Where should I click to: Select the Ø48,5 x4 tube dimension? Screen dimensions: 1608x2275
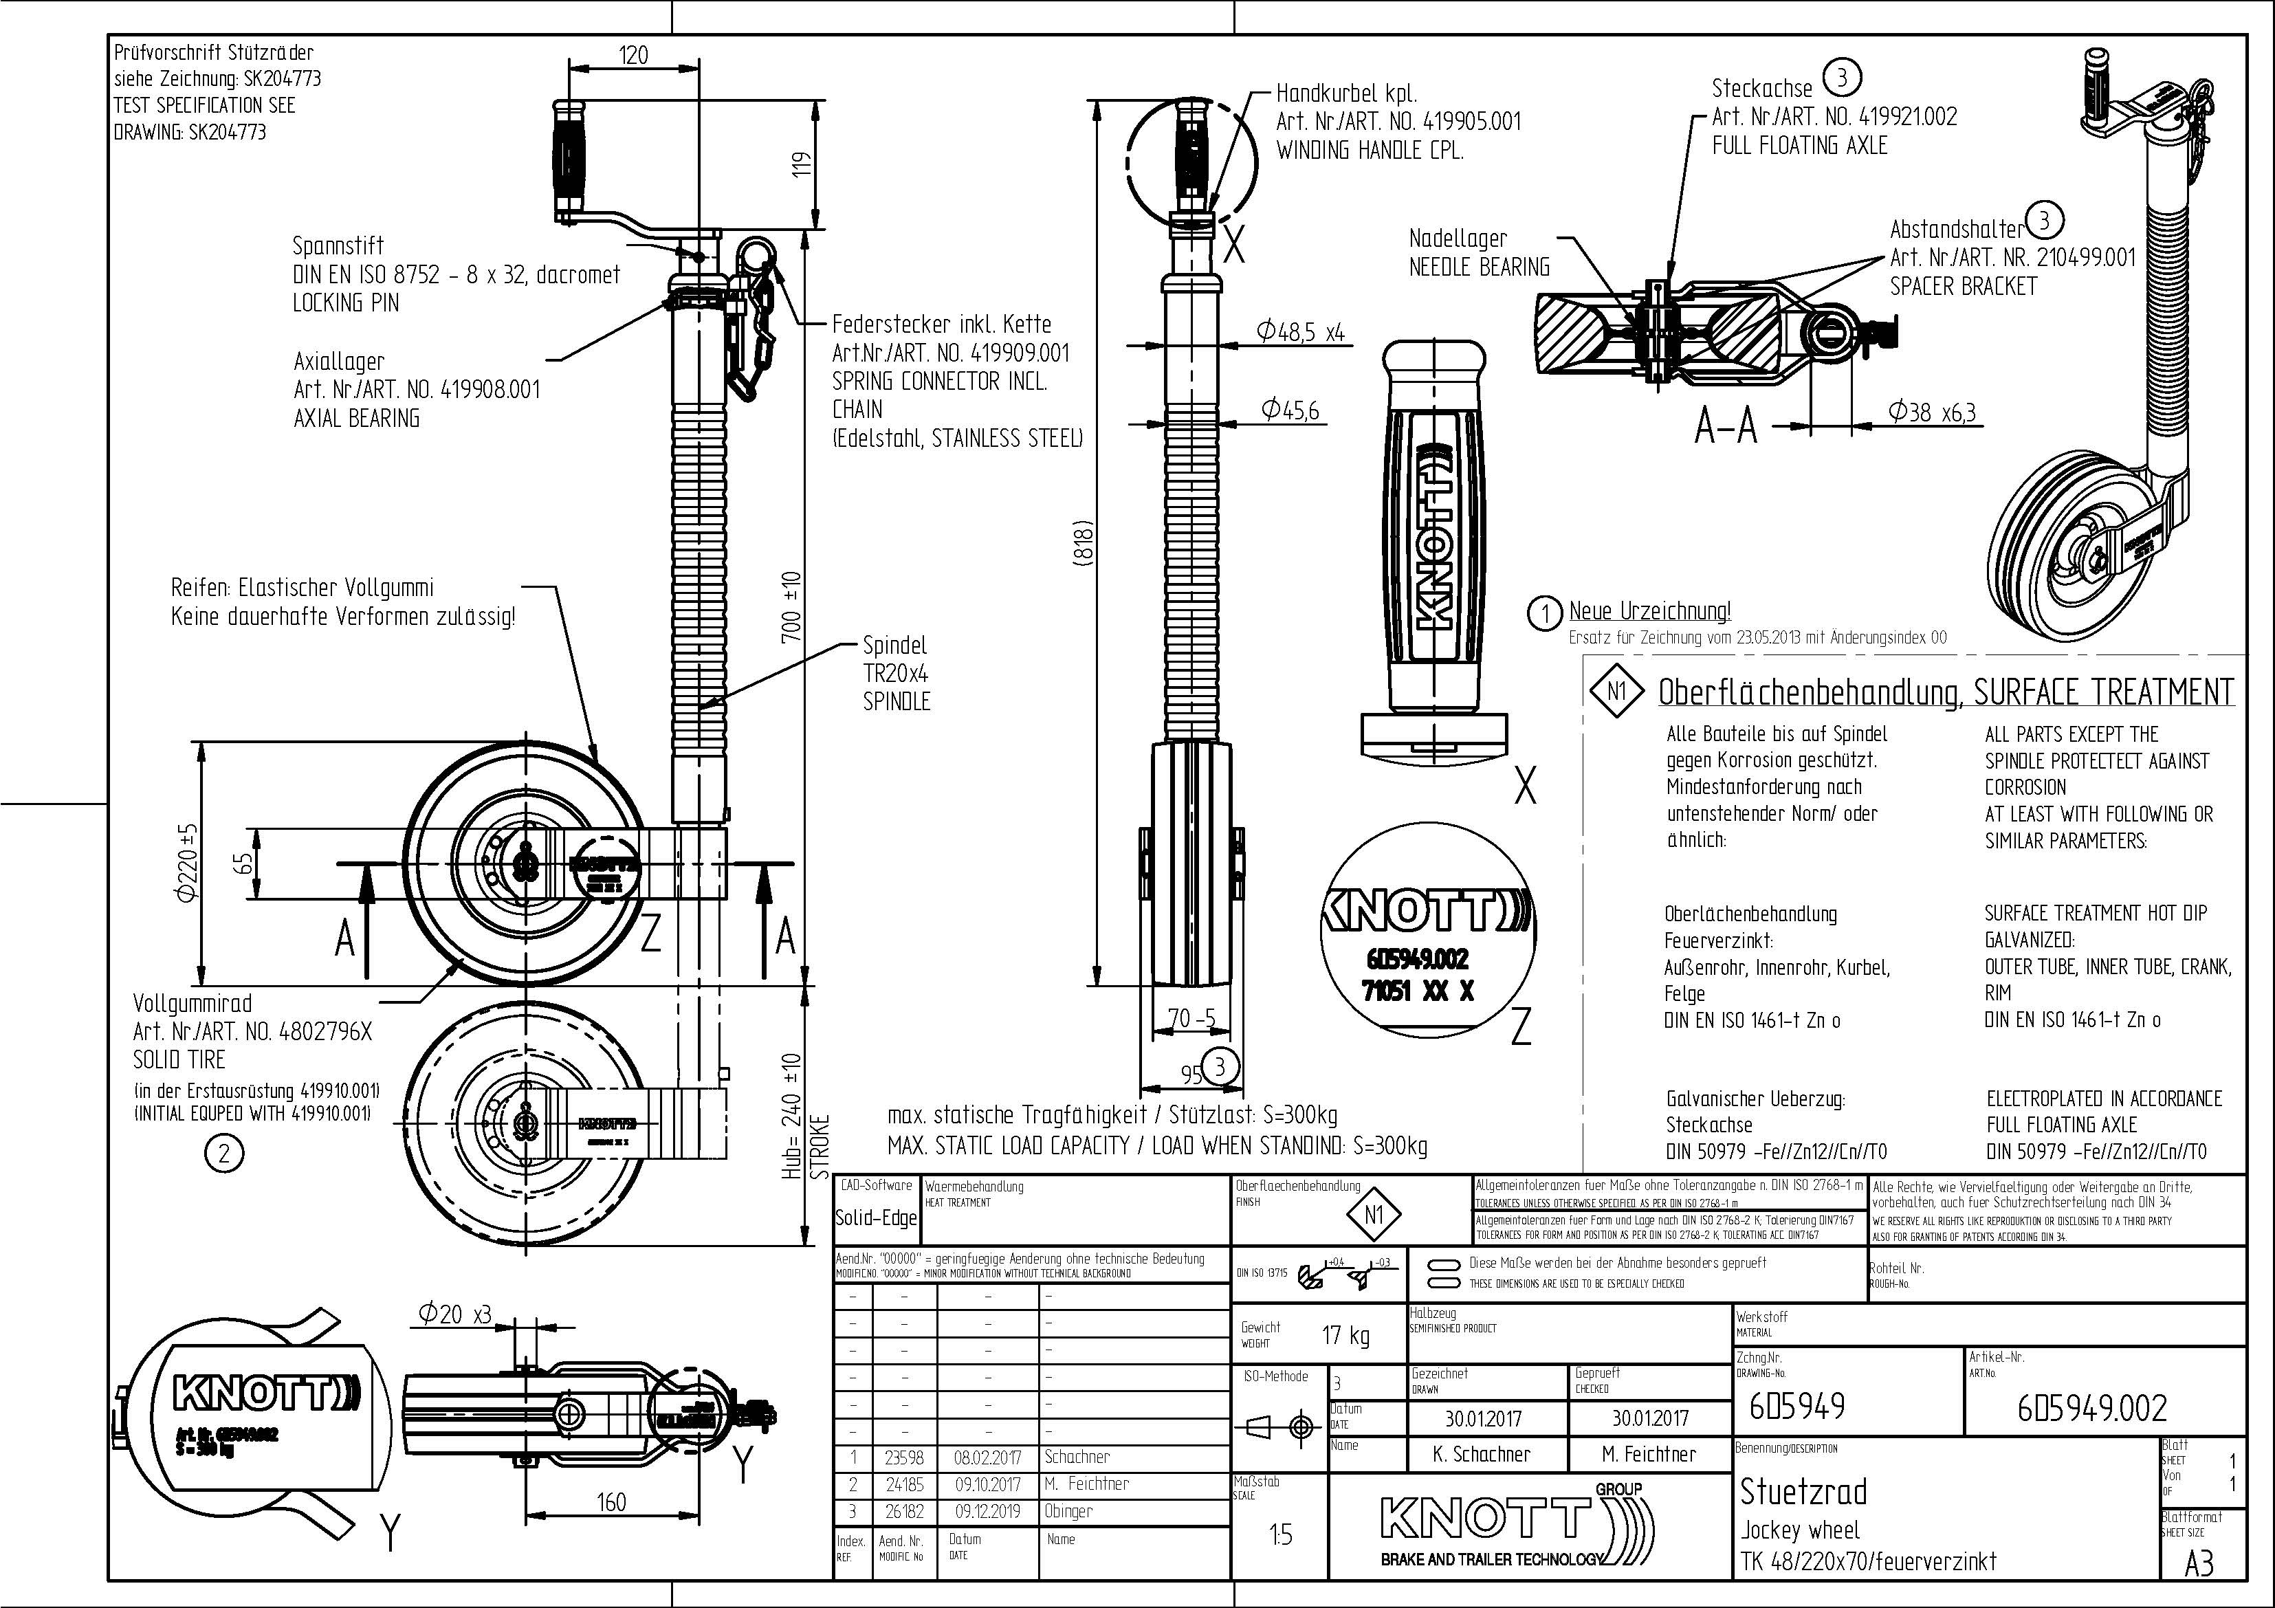(1300, 332)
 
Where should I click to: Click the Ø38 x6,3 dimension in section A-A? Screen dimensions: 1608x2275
(1931, 412)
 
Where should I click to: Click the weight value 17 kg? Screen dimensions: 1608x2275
(1345, 1336)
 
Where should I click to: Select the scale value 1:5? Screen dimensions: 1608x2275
(1280, 1534)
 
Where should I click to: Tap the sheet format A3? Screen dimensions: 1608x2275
(2199, 1563)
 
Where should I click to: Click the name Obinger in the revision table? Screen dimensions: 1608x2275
(1077, 1511)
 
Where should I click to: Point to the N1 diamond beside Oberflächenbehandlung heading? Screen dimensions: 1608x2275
(1616, 690)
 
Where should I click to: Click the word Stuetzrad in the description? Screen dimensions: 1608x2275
(1803, 1491)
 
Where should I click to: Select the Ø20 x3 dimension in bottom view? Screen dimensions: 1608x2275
(455, 1314)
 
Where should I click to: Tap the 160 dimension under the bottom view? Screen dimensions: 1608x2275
(611, 1502)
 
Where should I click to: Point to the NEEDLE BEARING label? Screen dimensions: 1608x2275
(1480, 267)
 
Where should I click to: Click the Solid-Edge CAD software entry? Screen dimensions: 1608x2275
(876, 1218)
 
